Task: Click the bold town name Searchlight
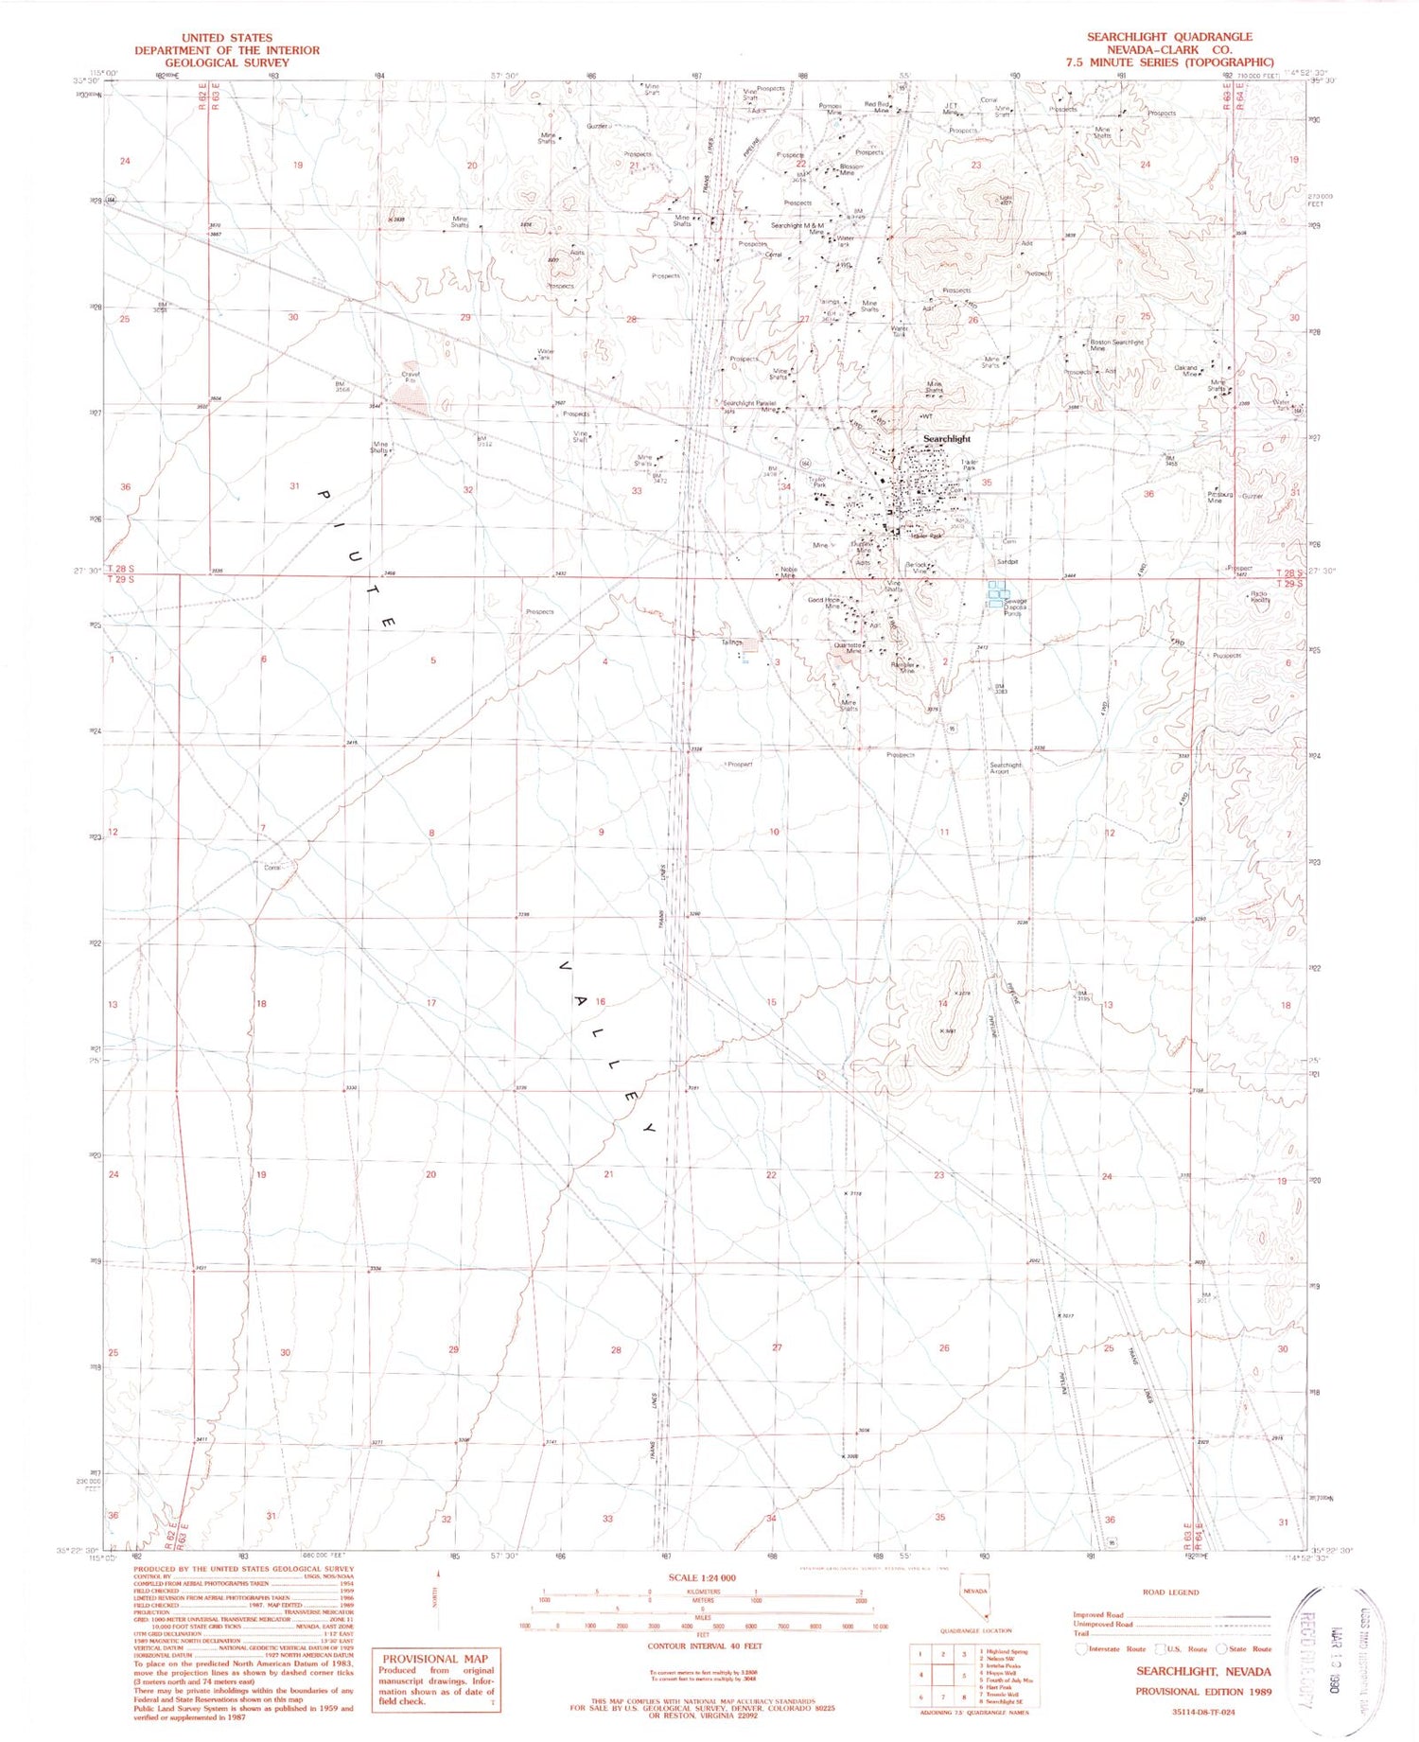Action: [946, 439]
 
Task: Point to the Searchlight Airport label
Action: [1006, 767]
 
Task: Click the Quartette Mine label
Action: [847, 649]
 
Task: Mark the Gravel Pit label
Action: [411, 378]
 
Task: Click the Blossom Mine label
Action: [851, 169]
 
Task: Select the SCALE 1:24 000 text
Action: [701, 1578]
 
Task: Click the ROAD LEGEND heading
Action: [1172, 1592]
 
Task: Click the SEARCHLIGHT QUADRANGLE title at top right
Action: [1168, 37]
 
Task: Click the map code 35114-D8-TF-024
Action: [1203, 1712]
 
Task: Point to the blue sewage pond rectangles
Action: [997, 594]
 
